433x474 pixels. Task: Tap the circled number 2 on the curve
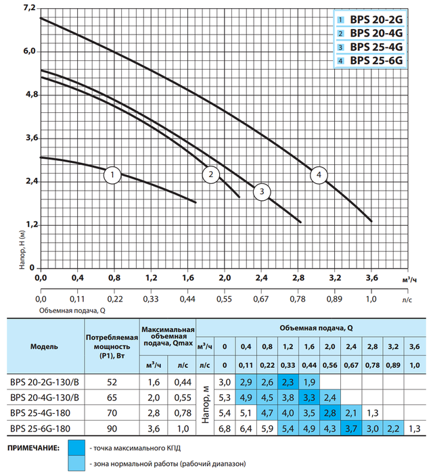click(212, 175)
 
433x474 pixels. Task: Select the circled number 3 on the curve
click(260, 193)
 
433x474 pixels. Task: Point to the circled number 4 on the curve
click(318, 175)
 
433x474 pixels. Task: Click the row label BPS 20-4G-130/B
click(44, 397)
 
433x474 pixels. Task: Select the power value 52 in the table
click(112, 382)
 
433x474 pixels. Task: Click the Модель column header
click(44, 346)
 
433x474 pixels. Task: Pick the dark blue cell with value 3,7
click(350, 428)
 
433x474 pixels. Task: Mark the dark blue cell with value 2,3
click(288, 382)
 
